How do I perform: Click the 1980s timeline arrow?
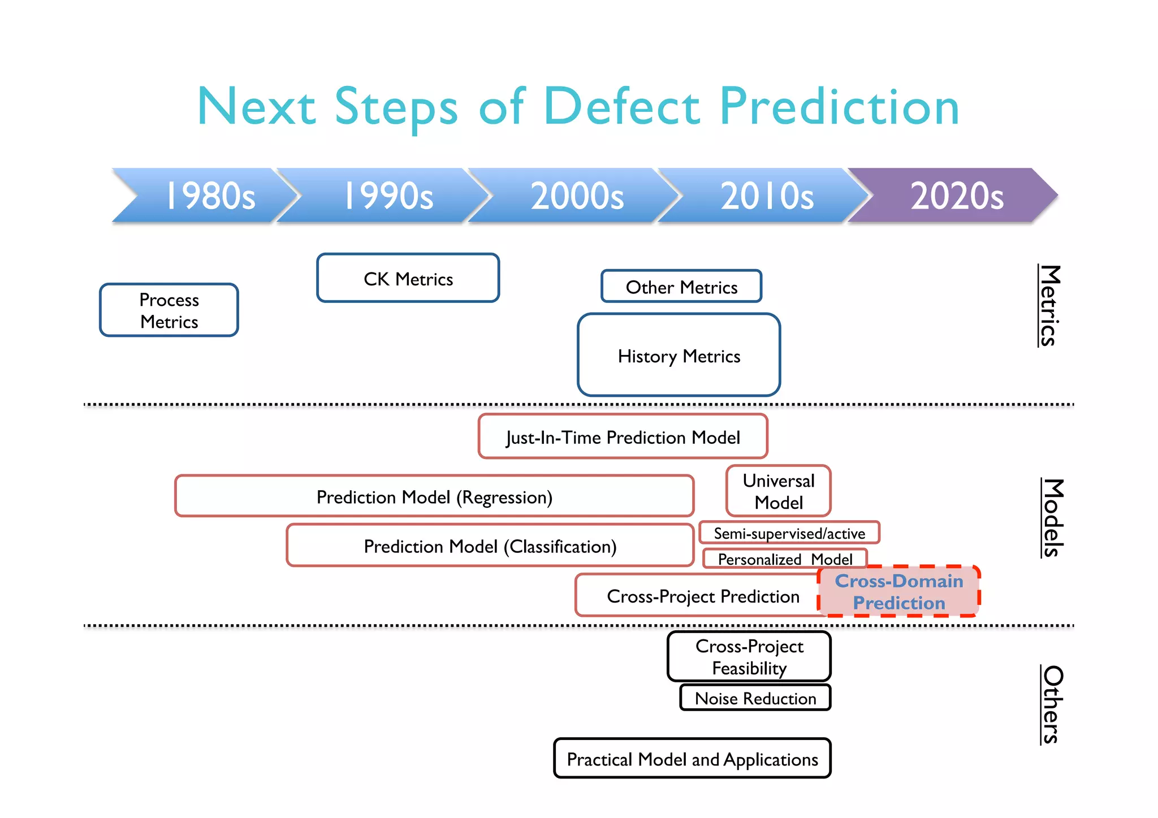tap(209, 196)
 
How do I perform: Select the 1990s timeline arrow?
tap(388, 196)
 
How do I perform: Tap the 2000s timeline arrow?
tap(577, 196)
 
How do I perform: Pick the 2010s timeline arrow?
tap(767, 196)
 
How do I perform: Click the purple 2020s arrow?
tap(957, 196)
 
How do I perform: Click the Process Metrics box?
tap(169, 310)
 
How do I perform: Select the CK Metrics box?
tap(408, 279)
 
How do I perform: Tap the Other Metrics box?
tap(681, 287)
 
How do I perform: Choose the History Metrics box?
tap(679, 356)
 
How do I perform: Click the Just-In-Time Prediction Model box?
tap(623, 437)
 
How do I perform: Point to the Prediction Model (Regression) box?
tap(434, 497)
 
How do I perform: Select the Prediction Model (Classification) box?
tap(490, 546)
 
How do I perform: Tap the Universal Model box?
tap(779, 491)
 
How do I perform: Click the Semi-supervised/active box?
tap(789, 533)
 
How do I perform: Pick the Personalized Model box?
tap(785, 559)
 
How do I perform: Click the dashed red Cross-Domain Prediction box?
tap(899, 591)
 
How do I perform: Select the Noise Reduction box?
tap(755, 698)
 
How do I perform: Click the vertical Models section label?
tap(1052, 518)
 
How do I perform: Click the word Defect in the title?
tap(622, 107)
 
